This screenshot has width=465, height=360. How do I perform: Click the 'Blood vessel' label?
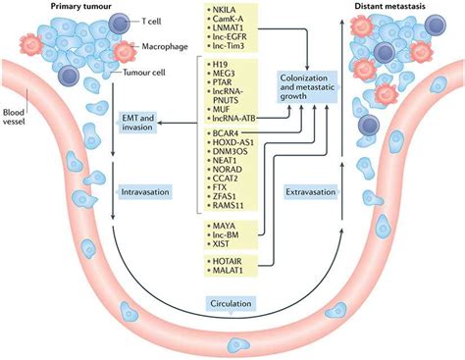[x=15, y=101]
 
